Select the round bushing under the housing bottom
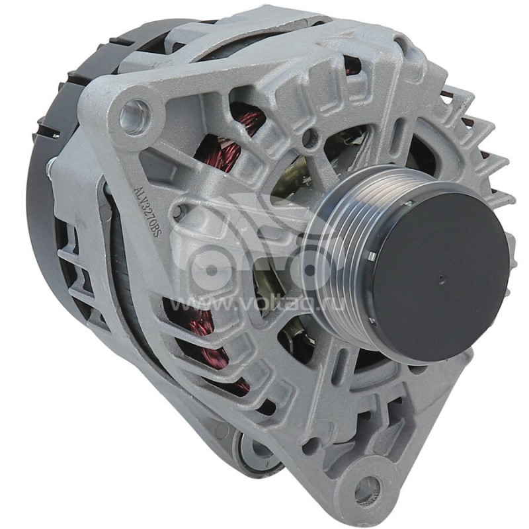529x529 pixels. [259, 450]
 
